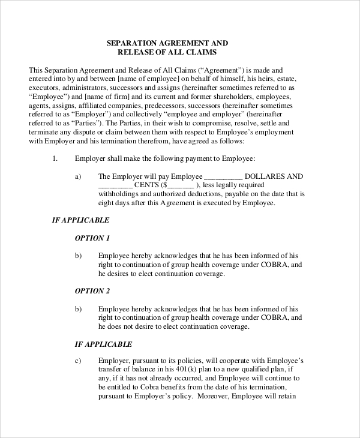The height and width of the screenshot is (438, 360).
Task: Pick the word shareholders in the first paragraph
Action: [226, 96]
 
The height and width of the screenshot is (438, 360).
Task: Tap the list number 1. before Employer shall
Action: [55, 158]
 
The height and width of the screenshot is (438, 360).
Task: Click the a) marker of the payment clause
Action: [78, 176]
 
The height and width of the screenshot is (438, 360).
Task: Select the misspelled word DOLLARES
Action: [266, 176]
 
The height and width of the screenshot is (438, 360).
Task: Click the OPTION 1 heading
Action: [92, 238]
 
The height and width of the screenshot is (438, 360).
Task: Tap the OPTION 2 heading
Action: [92, 291]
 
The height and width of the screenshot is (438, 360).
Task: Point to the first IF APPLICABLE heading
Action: [82, 220]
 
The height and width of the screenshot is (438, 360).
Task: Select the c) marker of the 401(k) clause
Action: [78, 361]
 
